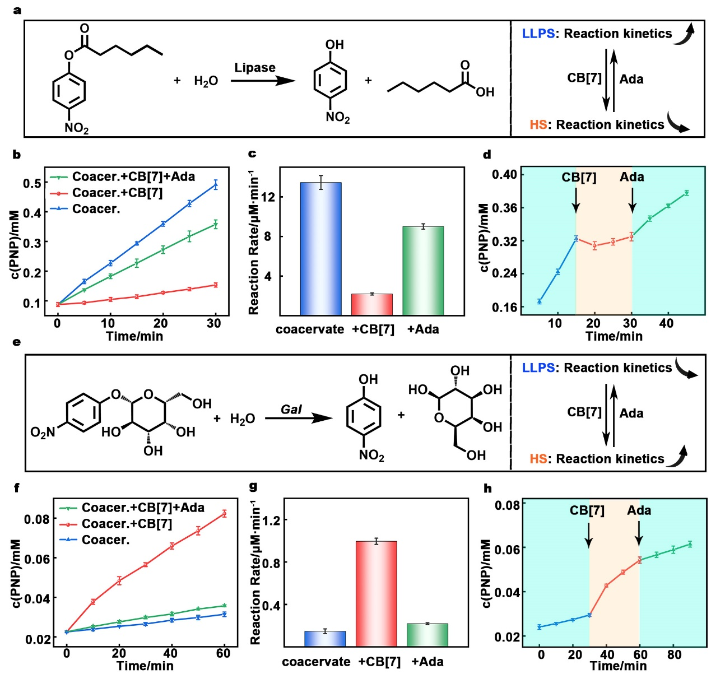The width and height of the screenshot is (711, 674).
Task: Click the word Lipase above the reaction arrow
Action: pyautogui.click(x=254, y=68)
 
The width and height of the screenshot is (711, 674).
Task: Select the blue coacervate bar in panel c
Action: pyautogui.click(x=320, y=249)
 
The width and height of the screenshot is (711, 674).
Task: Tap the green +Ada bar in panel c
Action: pyautogui.click(x=423, y=271)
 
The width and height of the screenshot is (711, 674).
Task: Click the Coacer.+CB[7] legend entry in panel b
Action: pyautogui.click(x=117, y=193)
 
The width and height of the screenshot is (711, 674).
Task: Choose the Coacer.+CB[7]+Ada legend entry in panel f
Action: pyautogui.click(x=142, y=508)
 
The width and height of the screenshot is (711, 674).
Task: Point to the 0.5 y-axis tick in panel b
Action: pyautogui.click(x=32, y=183)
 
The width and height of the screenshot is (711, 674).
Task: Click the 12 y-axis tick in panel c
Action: pyautogui.click(x=268, y=197)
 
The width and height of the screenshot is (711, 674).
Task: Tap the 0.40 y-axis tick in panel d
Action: pyautogui.click(x=504, y=174)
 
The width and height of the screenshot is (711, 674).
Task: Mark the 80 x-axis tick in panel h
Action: pyautogui.click(x=674, y=654)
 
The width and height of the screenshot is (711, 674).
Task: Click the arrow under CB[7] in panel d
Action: pyautogui.click(x=576, y=200)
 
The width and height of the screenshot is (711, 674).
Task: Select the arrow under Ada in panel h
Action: pyautogui.click(x=639, y=532)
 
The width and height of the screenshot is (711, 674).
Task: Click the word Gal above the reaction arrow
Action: pyautogui.click(x=291, y=410)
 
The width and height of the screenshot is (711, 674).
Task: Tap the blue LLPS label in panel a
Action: pyautogui.click(x=538, y=34)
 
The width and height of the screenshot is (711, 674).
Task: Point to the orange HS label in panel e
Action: pyautogui.click(x=538, y=459)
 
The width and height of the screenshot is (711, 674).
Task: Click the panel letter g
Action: pyautogui.click(x=253, y=487)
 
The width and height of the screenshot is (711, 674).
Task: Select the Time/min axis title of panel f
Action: pyautogui.click(x=145, y=666)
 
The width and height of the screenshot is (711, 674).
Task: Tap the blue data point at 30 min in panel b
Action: pyautogui.click(x=215, y=185)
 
